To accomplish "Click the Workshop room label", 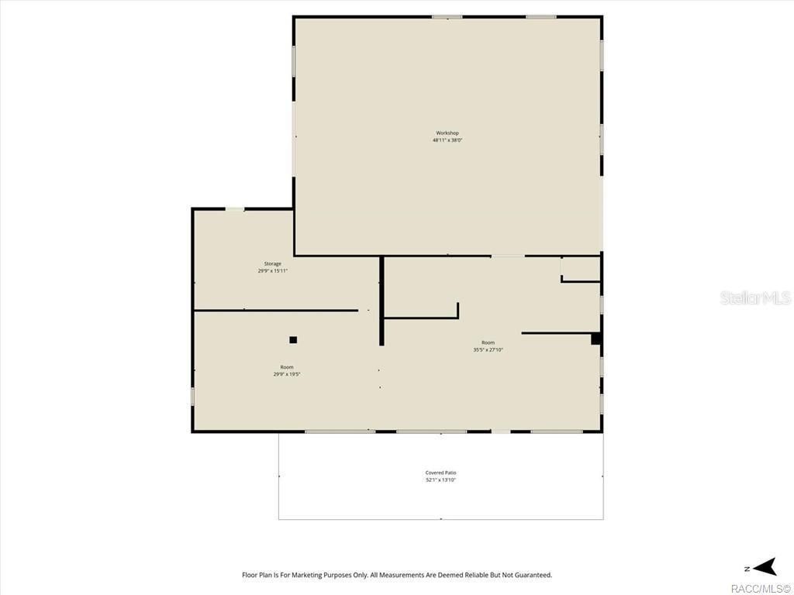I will [447, 133].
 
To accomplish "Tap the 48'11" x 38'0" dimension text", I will [447, 140].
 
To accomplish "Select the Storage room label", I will [272, 264].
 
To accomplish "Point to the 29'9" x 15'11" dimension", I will [272, 271].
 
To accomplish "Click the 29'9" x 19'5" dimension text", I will [287, 374].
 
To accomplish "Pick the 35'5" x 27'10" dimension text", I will [488, 349].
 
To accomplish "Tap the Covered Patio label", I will [440, 473].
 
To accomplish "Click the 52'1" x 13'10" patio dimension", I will [440, 480].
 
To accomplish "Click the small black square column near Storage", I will [293, 339].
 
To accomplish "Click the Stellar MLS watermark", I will [754, 297].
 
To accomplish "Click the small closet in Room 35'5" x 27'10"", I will [581, 269].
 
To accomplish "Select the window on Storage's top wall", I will [235, 209].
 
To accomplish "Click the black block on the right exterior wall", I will [595, 339].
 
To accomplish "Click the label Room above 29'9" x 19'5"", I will [287, 367].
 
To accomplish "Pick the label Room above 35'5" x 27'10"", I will [488, 342].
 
